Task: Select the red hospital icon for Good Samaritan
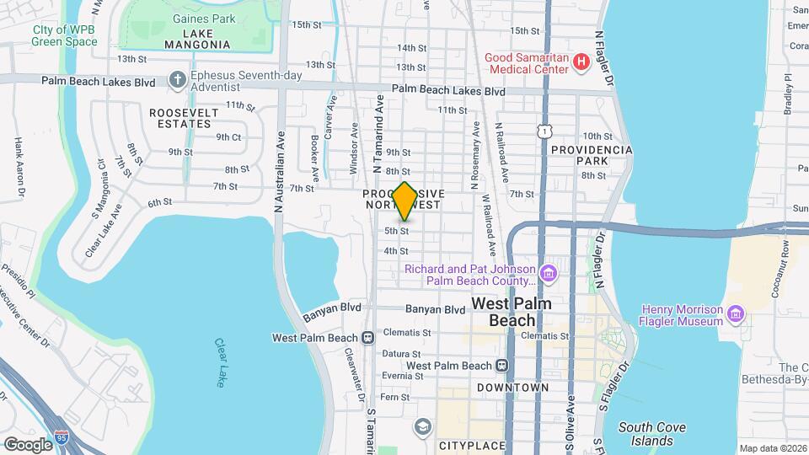(x=580, y=62)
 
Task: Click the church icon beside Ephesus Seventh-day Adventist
(x=177, y=79)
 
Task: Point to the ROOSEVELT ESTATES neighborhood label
(x=179, y=118)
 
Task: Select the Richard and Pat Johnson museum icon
(x=549, y=274)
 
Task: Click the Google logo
(x=28, y=444)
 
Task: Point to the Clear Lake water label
(x=220, y=363)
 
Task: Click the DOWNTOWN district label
(x=512, y=388)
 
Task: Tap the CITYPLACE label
(x=471, y=445)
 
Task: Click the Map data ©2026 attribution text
(x=771, y=447)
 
